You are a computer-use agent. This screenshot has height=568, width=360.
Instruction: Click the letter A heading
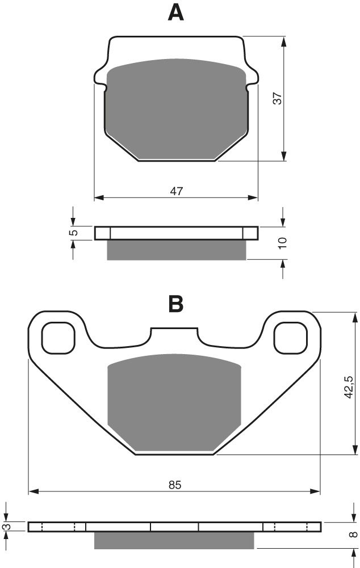(176, 12)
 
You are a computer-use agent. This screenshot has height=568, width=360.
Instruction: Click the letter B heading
(176, 304)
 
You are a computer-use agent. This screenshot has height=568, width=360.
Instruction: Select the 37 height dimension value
(277, 98)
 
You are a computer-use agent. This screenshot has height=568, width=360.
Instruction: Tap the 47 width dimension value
(176, 191)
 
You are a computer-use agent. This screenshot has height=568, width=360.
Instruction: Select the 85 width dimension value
(174, 485)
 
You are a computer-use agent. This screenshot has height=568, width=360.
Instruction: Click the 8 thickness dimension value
(354, 533)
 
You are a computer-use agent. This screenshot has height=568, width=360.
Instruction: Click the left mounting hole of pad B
(58, 338)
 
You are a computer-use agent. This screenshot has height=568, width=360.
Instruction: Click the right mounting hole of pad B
(291, 338)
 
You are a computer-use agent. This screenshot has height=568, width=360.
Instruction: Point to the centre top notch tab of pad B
(174, 335)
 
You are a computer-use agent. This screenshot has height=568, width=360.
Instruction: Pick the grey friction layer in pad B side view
(174, 540)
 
